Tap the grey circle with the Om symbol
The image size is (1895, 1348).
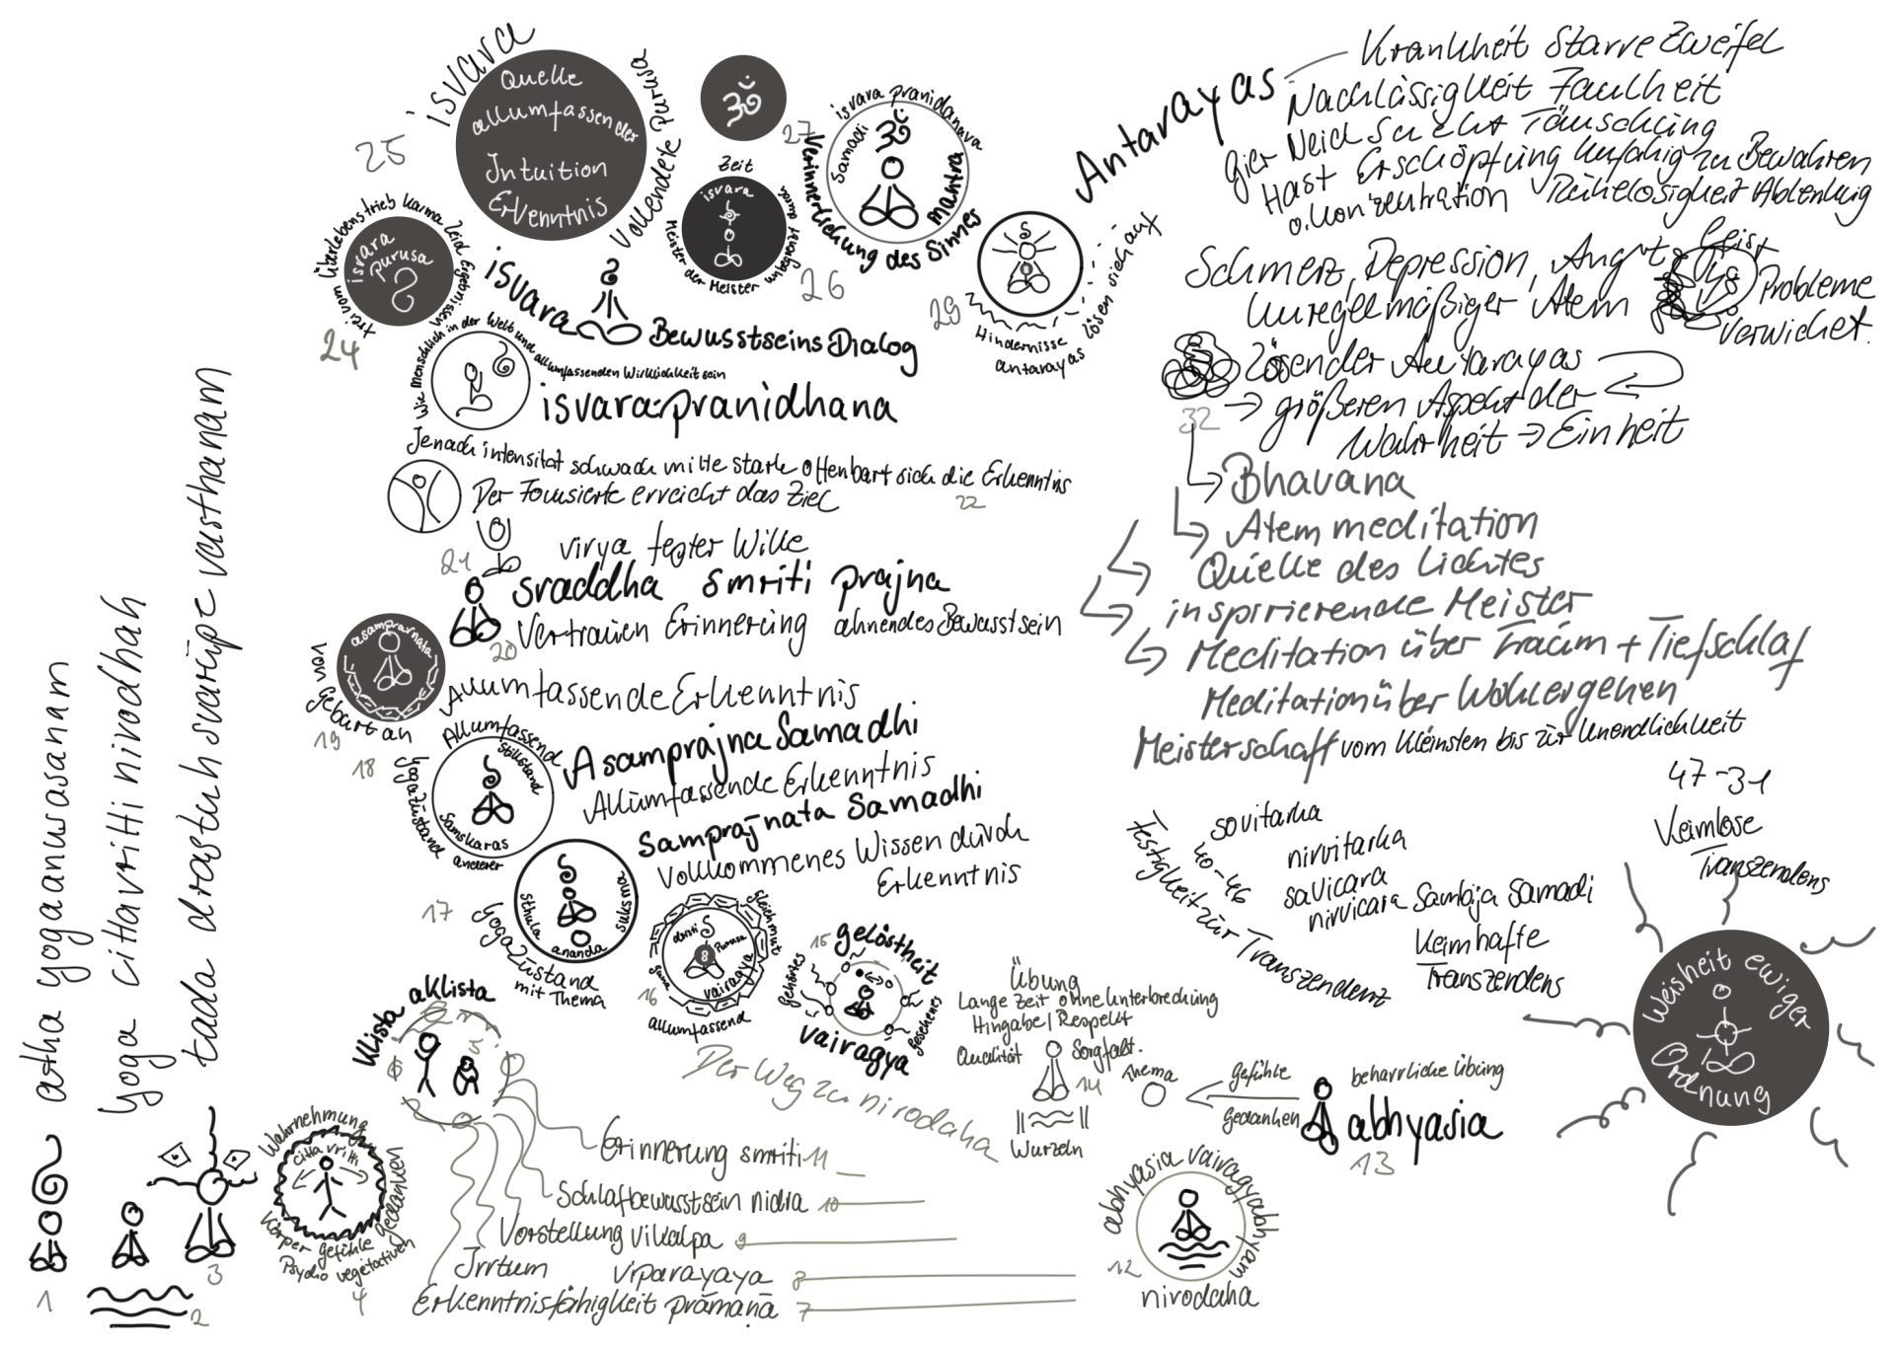(x=742, y=100)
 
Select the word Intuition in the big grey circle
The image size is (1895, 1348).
(x=546, y=170)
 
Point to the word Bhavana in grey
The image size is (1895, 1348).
(x=1318, y=482)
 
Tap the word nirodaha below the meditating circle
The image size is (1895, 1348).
(x=1198, y=1298)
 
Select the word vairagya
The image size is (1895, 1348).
(x=853, y=1047)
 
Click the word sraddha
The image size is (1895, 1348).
(x=586, y=587)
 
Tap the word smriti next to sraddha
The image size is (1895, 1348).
(x=755, y=584)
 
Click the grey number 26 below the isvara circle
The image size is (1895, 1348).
(x=822, y=284)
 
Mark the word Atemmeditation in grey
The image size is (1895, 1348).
(x=1382, y=527)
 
